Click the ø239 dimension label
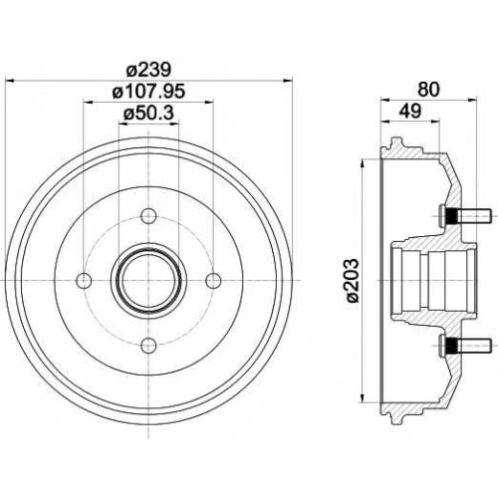[x=149, y=70]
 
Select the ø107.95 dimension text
[x=148, y=92]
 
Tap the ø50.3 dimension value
[x=148, y=114]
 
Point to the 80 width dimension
[x=428, y=90]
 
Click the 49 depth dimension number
[x=410, y=111]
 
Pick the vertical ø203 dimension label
[x=352, y=281]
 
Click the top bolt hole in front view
[x=148, y=216]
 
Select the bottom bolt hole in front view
[x=148, y=346]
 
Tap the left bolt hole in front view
[x=84, y=281]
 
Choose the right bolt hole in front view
[x=213, y=281]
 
